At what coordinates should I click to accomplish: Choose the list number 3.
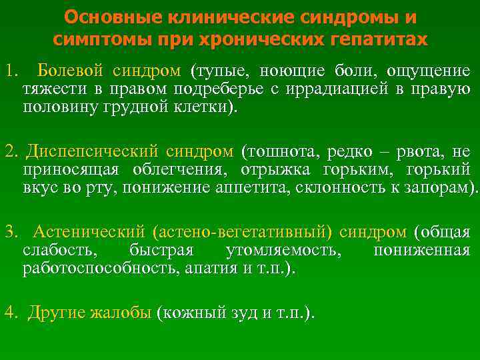pyautogui.click(x=9, y=233)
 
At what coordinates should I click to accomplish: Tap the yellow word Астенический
pyautogui.click(x=89, y=233)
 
